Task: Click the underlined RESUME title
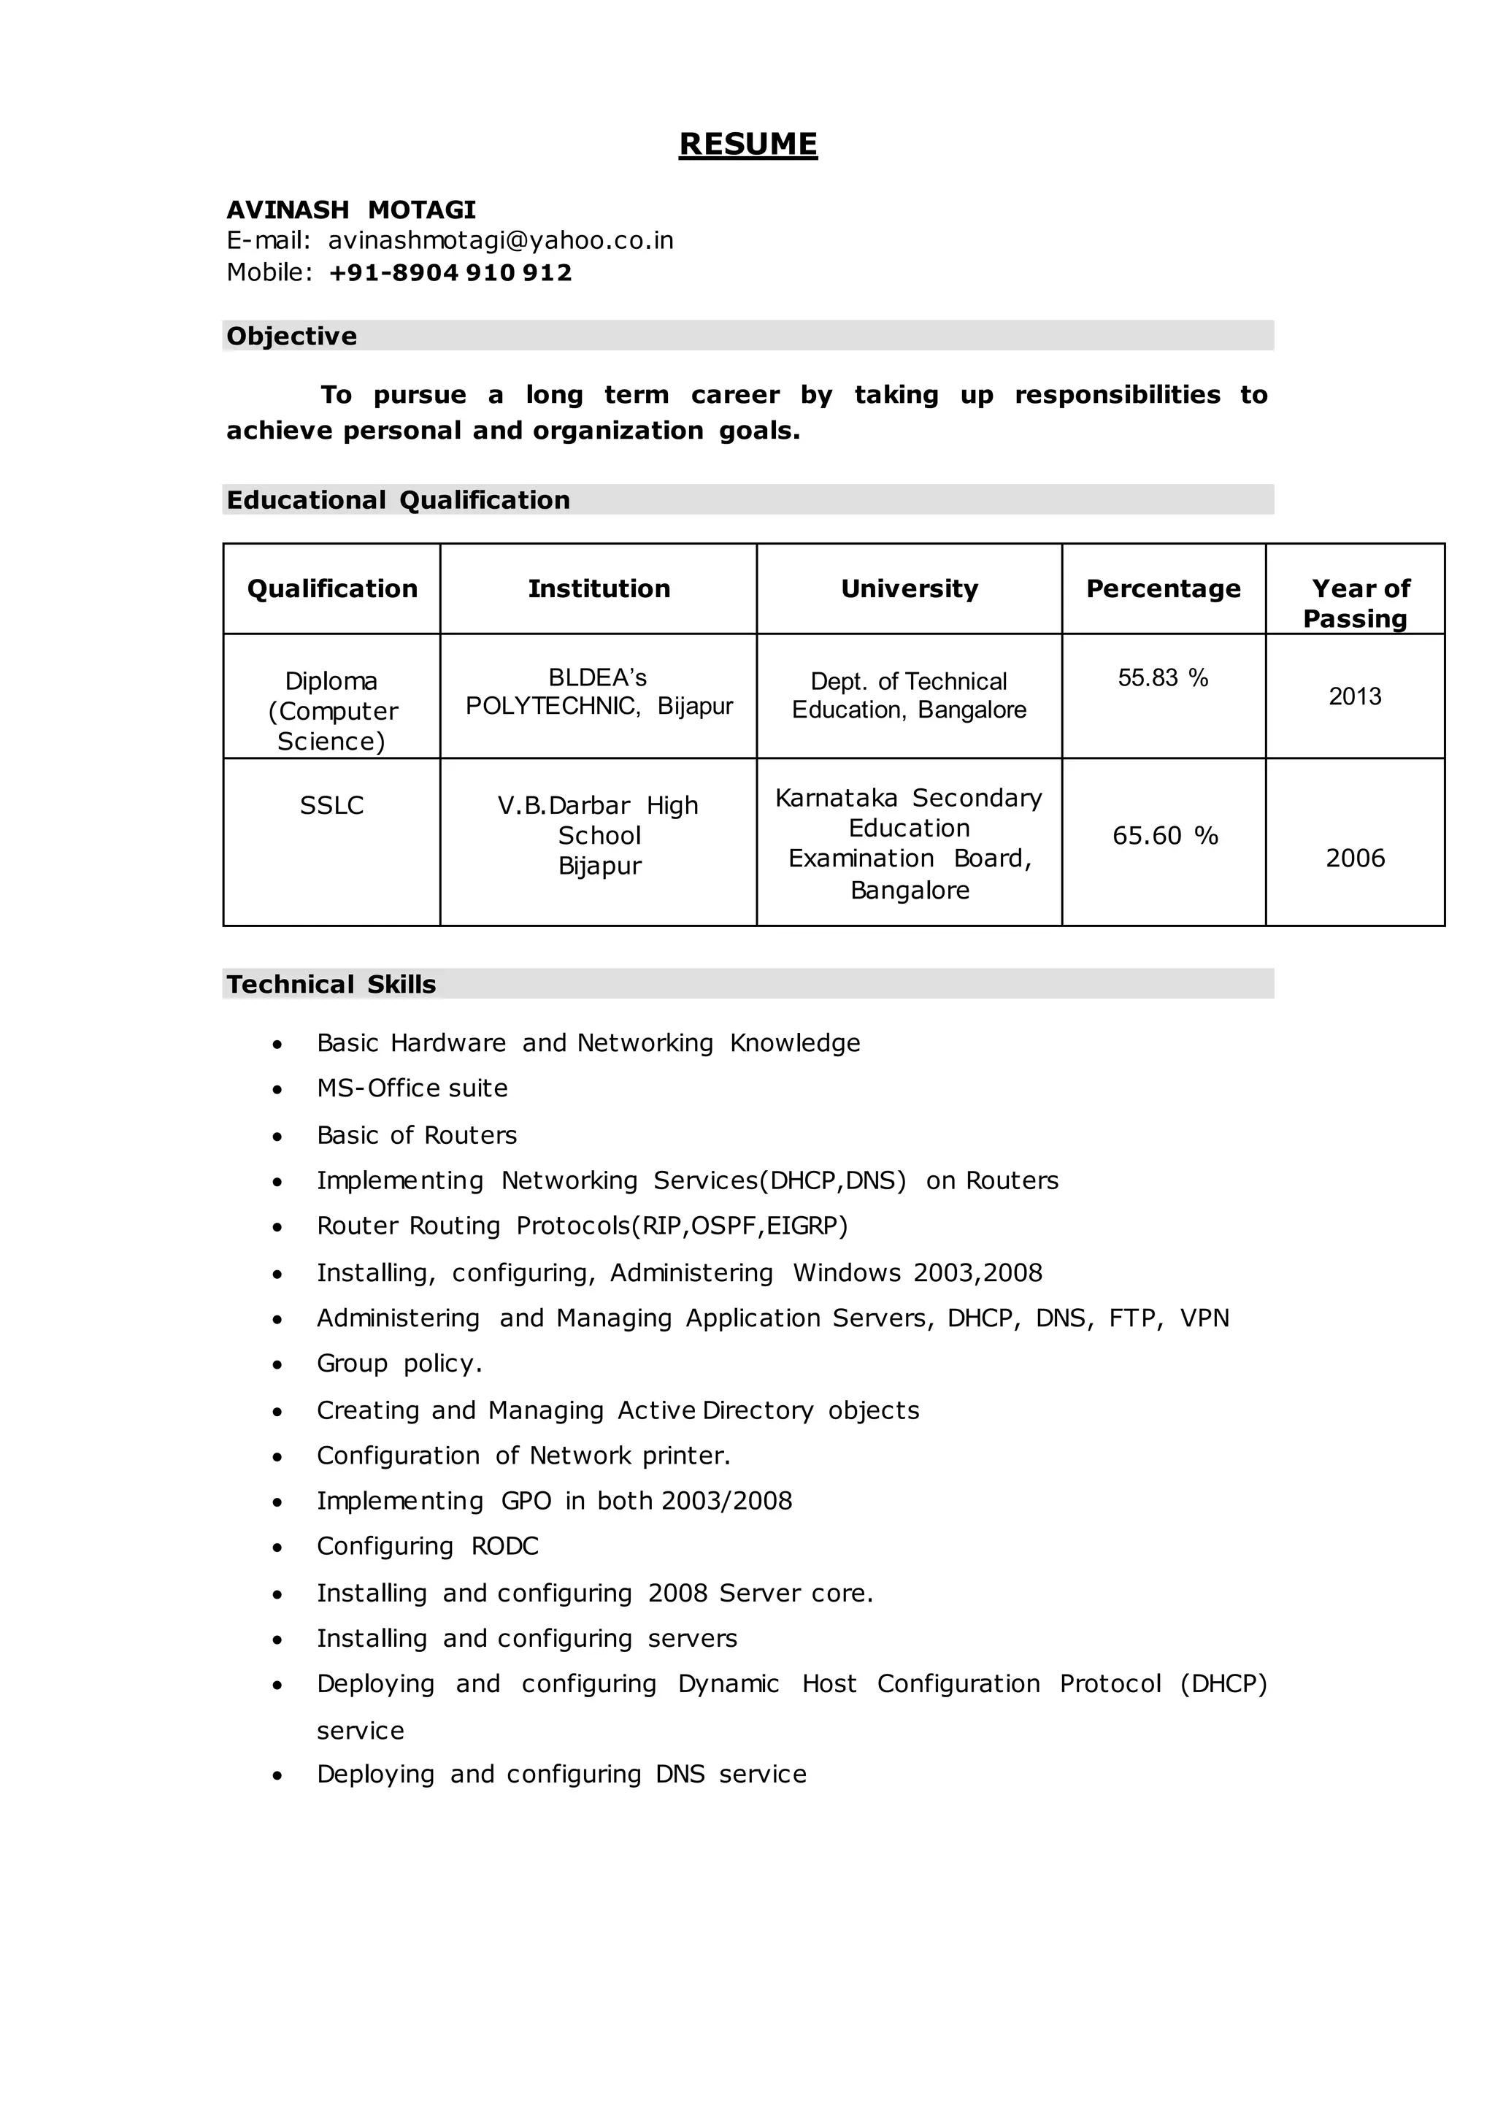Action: click(747, 145)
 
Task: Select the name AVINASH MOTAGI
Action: click(350, 210)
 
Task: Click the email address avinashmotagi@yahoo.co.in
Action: click(501, 240)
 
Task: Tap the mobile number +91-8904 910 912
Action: click(450, 272)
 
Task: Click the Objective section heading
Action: click(292, 336)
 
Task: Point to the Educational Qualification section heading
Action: click(398, 500)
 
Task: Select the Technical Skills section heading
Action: click(331, 984)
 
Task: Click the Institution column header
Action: click(599, 588)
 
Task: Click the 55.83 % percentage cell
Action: click(1163, 677)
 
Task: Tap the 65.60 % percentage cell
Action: click(1164, 835)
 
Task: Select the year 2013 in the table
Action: click(1354, 696)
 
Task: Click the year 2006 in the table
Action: click(1354, 858)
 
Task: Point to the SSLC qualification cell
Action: click(331, 806)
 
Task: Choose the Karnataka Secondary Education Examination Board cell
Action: click(909, 842)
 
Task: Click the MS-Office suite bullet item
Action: click(412, 1088)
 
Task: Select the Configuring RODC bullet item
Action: click(427, 1546)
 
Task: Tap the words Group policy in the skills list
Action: click(399, 1364)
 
